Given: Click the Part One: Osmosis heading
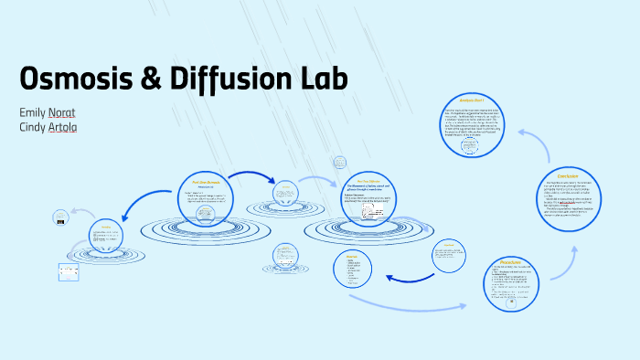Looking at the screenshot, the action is [x=206, y=183].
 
